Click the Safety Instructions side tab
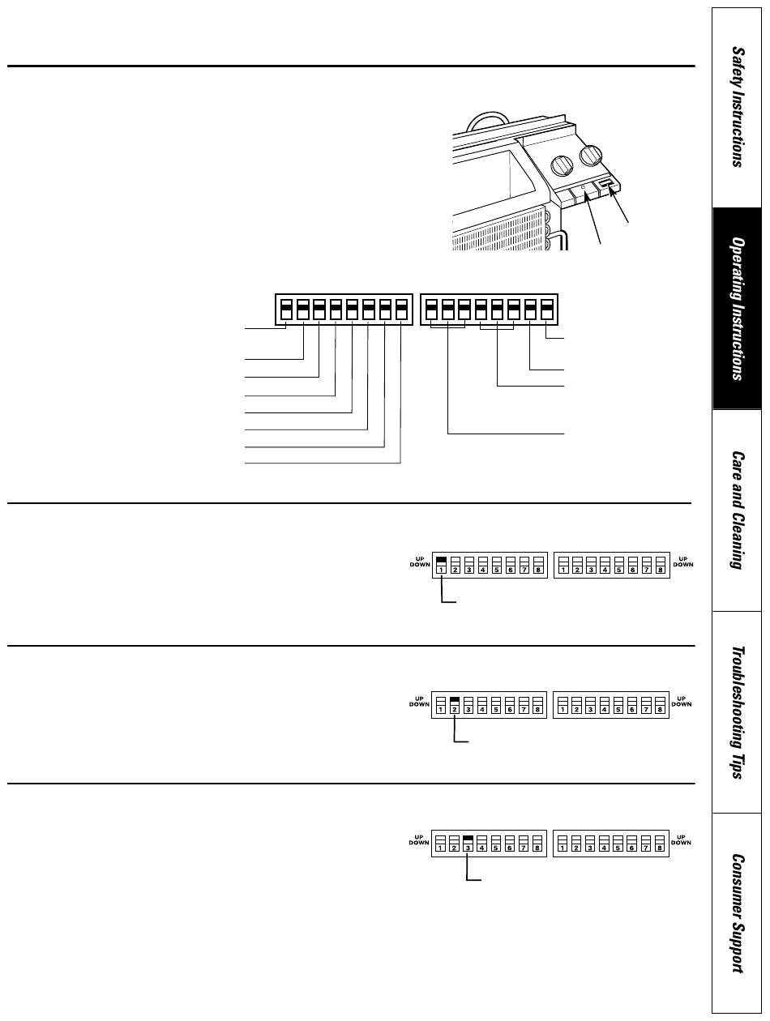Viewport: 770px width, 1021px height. [x=737, y=105]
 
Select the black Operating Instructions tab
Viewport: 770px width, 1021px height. [x=737, y=308]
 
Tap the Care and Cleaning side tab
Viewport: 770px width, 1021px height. [x=737, y=510]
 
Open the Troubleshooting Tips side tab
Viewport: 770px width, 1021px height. [x=737, y=711]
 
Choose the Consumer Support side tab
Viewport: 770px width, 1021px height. [x=737, y=912]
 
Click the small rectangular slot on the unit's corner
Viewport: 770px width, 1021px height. [x=605, y=188]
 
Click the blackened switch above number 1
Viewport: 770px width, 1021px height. [x=442, y=560]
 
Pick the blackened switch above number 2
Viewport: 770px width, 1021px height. [x=455, y=698]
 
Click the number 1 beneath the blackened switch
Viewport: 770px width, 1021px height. [x=442, y=570]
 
